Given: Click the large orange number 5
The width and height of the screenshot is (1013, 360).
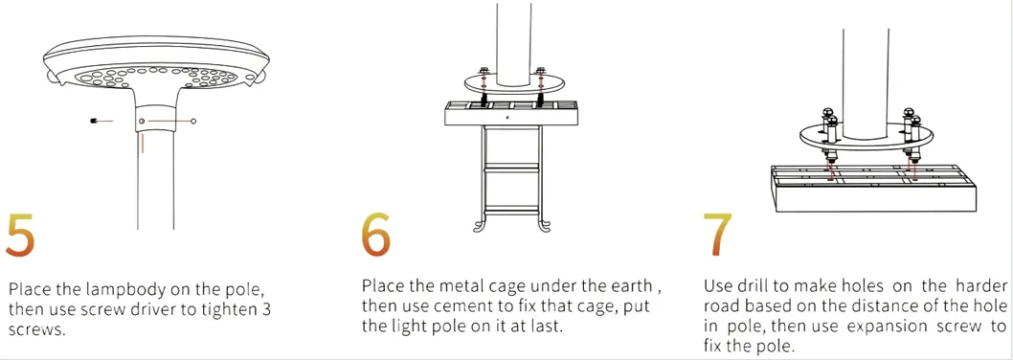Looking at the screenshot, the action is [x=19, y=233].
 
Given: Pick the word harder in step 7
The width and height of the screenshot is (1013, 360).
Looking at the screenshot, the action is [x=979, y=285].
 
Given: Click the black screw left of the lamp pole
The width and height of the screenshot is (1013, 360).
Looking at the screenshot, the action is [x=95, y=121].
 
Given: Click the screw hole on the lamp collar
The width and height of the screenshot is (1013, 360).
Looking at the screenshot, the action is [x=142, y=121].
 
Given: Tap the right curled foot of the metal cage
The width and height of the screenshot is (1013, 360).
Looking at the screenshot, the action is [x=546, y=226].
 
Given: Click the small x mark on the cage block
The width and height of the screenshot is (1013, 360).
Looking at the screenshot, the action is [x=508, y=117].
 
